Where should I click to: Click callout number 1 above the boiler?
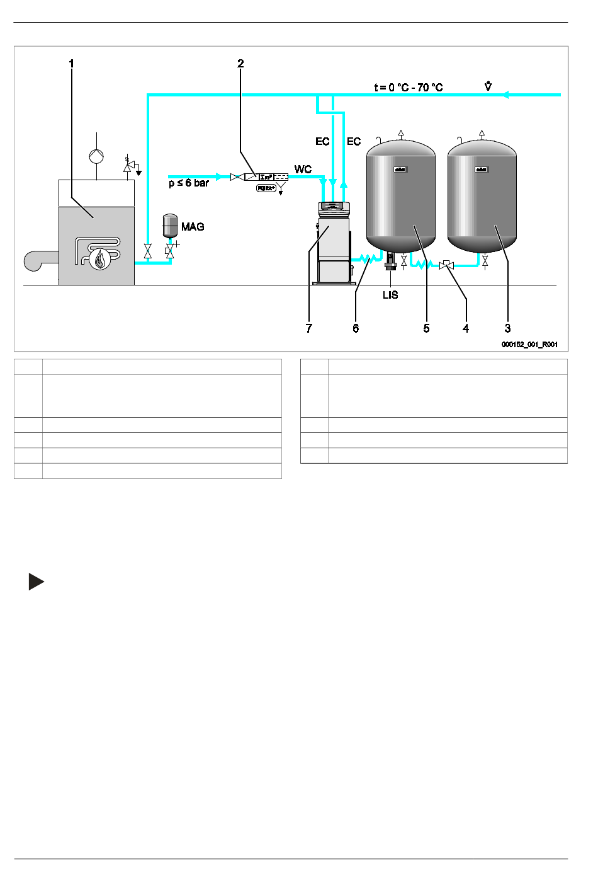tap(72, 64)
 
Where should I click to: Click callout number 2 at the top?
tap(240, 64)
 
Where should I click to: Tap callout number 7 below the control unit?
tap(308, 328)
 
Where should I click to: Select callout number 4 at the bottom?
tap(466, 328)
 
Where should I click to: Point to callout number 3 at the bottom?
tap(507, 328)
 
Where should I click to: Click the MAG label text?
tap(193, 227)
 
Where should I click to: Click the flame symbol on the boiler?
tap(99, 258)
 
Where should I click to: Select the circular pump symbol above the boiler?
tap(96, 156)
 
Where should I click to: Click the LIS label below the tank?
tap(390, 295)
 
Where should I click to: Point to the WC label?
tap(303, 170)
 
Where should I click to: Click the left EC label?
tap(322, 142)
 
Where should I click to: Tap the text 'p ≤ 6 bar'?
tap(188, 183)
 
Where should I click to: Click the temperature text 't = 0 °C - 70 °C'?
tap(408, 88)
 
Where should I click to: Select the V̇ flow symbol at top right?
tap(488, 86)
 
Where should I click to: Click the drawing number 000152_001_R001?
tap(529, 345)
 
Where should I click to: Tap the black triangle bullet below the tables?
tap(36, 582)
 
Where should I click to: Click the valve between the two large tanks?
tap(446, 266)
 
